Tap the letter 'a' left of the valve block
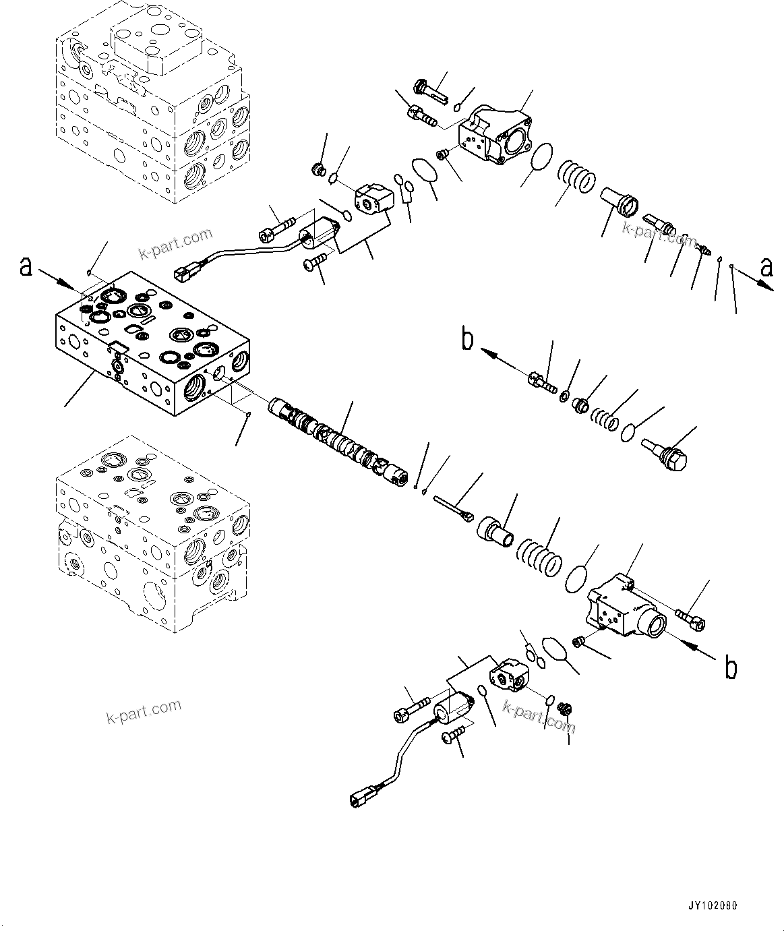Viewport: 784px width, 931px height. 26,267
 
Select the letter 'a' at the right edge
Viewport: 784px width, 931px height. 766,268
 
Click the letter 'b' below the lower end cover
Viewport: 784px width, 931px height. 730,667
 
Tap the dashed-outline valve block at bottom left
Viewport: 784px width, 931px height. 152,539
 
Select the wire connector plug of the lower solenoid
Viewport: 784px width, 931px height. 358,800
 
